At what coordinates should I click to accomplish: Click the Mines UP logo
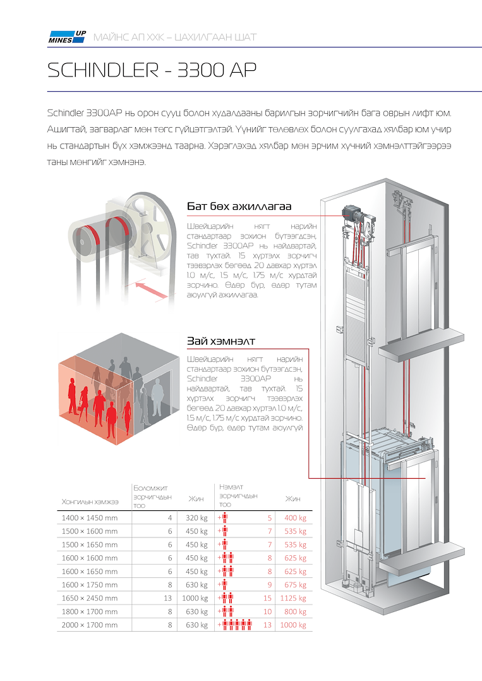(67, 37)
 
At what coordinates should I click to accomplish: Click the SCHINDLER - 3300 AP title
(152, 70)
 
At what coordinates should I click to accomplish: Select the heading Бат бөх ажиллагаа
(239, 207)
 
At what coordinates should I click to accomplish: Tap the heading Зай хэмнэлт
(220, 341)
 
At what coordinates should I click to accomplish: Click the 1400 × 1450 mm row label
(89, 518)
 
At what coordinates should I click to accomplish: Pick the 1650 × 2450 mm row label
(89, 598)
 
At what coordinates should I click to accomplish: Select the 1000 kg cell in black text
(195, 598)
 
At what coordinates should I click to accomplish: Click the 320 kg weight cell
(196, 518)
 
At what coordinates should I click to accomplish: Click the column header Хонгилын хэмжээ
(90, 501)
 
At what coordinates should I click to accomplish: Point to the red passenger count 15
(268, 598)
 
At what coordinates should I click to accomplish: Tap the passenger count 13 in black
(168, 598)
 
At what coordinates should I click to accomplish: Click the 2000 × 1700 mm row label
(89, 625)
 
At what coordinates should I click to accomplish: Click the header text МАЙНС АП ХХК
(131, 37)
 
